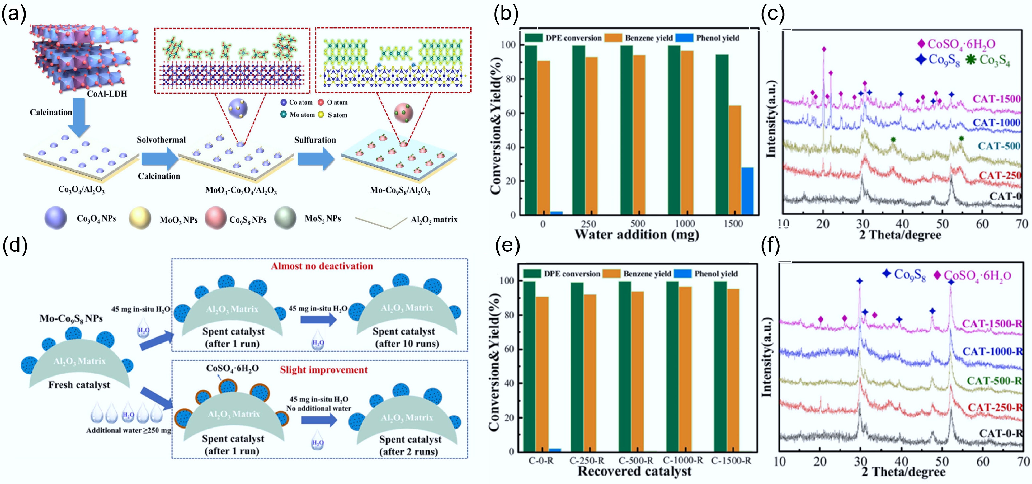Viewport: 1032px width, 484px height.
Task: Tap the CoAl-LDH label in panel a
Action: pos(107,94)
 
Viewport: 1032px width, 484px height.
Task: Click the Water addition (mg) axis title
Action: pos(637,235)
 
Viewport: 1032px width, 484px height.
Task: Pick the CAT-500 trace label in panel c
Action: pos(999,146)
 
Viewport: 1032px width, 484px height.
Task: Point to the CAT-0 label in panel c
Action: pos(1005,196)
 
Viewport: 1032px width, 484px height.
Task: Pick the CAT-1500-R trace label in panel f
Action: pos(992,324)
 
